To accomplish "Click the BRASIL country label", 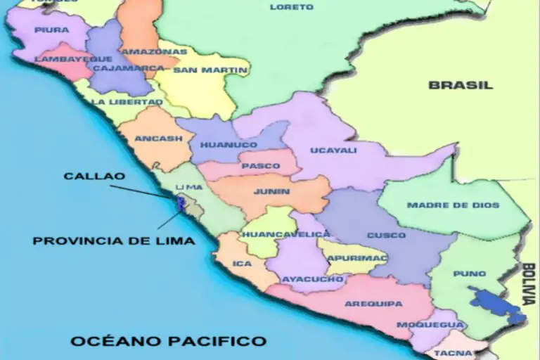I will click(461, 84).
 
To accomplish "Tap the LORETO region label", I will click(292, 7).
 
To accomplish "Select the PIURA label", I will click(51, 30).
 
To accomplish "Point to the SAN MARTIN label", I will click(201, 70).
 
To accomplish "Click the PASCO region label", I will click(255, 167).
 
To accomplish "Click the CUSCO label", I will click(386, 235).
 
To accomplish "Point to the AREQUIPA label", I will click(373, 304).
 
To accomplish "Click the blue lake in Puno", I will click(496, 303).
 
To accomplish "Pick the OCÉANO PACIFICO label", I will click(168, 342).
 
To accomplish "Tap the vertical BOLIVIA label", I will click(529, 283).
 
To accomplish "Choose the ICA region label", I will click(241, 264).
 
